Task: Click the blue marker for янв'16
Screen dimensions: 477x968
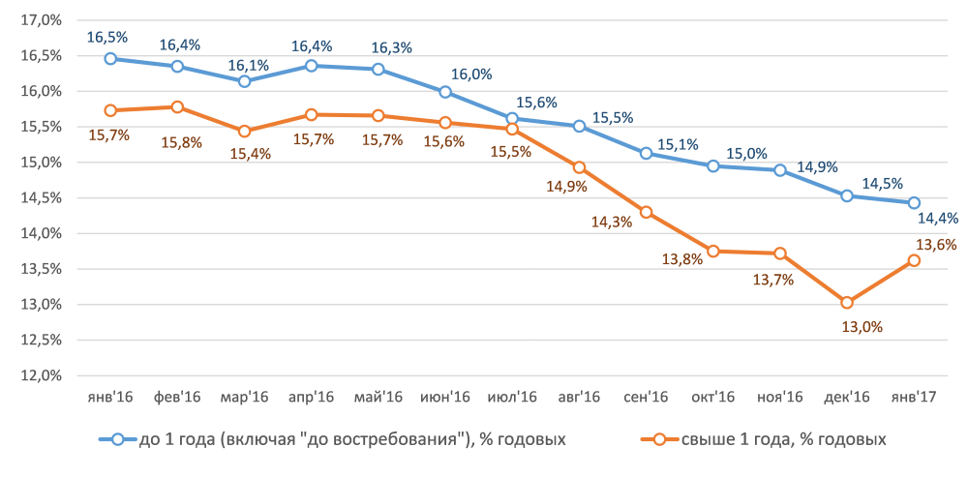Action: tap(110, 58)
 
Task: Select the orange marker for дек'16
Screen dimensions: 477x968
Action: tap(847, 303)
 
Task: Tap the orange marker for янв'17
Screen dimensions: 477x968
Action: tap(914, 259)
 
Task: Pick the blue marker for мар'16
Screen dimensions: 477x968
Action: tap(245, 81)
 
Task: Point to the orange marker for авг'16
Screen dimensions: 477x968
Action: tap(579, 167)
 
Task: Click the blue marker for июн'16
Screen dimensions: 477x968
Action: tap(445, 92)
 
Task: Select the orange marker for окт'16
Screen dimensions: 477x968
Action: tap(713, 251)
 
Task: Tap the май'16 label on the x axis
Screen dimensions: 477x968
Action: tap(378, 397)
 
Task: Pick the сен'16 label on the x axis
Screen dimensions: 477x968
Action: tap(646, 397)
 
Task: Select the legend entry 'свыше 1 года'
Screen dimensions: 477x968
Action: tap(765, 439)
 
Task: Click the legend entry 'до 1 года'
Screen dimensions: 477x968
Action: tap(339, 439)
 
